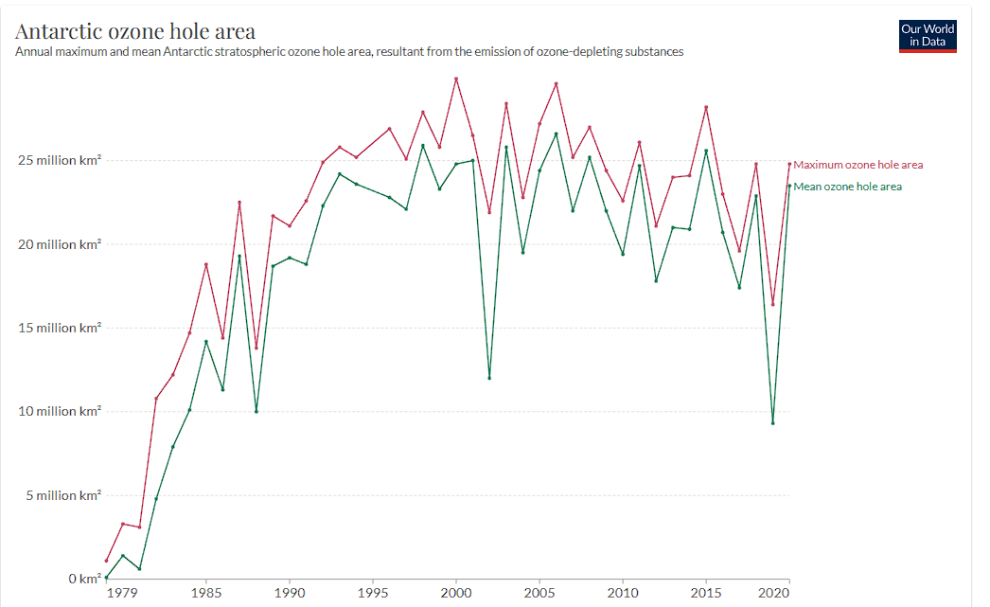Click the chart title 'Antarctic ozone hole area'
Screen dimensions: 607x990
click(x=135, y=31)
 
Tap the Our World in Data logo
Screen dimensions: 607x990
click(x=928, y=35)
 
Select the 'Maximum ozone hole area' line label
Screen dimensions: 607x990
click(x=857, y=165)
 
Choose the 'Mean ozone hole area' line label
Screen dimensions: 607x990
click(x=847, y=187)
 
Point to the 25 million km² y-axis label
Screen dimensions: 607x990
click(x=60, y=160)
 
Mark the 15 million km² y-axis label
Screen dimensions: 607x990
click(x=60, y=328)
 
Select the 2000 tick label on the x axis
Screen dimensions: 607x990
click(x=456, y=593)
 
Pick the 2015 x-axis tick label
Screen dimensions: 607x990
click(x=706, y=593)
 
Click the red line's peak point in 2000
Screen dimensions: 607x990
click(x=456, y=79)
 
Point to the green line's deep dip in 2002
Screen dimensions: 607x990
click(x=489, y=378)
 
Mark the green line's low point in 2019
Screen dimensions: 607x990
click(x=773, y=422)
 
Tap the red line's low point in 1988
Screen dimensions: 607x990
click(x=256, y=348)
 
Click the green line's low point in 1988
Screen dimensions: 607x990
click(x=256, y=411)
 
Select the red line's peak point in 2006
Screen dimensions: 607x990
click(x=557, y=83)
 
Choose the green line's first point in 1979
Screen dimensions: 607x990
click(x=106, y=577)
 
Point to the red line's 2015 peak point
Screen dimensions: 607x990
click(x=706, y=107)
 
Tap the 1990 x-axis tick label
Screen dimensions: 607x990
click(x=290, y=593)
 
